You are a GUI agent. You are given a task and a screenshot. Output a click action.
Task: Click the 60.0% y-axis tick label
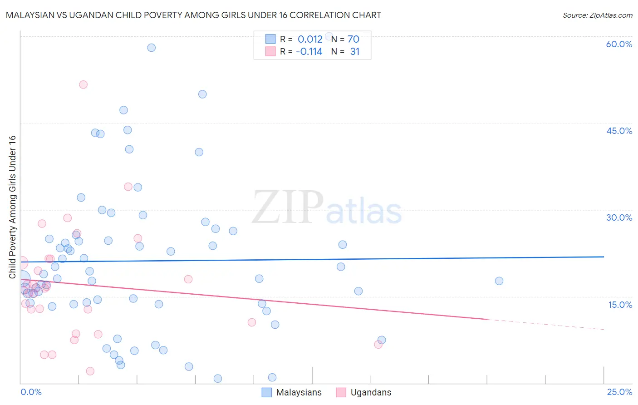click(619, 44)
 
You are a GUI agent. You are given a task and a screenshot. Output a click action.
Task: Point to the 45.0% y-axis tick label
click(619, 131)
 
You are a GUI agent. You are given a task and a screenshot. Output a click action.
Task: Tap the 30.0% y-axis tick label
click(619, 217)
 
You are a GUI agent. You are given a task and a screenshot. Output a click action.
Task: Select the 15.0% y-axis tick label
click(620, 305)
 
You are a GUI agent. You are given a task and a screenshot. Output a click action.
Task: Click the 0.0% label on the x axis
click(31, 392)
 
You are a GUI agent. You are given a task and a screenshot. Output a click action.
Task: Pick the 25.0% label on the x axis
click(619, 392)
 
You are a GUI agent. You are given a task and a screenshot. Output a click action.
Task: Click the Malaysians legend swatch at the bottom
click(267, 392)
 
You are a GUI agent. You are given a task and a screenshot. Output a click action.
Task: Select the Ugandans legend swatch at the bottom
click(341, 392)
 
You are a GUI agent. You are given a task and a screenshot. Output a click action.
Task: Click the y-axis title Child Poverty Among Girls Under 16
click(12, 207)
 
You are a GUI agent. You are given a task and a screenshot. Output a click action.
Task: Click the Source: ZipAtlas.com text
click(597, 15)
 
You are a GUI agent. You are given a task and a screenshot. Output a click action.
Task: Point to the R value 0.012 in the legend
click(310, 40)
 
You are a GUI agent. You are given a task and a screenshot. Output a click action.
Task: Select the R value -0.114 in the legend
click(309, 52)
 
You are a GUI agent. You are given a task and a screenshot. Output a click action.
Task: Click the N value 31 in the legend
click(355, 52)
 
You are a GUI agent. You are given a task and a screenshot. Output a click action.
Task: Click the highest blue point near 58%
click(152, 48)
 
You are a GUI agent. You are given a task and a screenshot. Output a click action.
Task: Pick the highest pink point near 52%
click(83, 84)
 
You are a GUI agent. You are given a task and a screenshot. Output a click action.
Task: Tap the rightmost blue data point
click(499, 281)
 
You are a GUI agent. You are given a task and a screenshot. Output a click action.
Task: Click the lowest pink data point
click(90, 371)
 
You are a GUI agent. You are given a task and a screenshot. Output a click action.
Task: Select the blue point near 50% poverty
click(202, 94)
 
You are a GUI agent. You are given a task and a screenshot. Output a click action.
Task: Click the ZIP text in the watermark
click(288, 207)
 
